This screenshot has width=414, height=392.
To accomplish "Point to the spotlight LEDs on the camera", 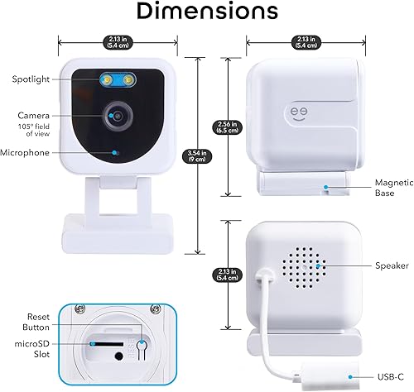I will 118,79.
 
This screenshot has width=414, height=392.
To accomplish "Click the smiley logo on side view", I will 296,110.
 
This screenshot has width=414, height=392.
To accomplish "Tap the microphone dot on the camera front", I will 114,153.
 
